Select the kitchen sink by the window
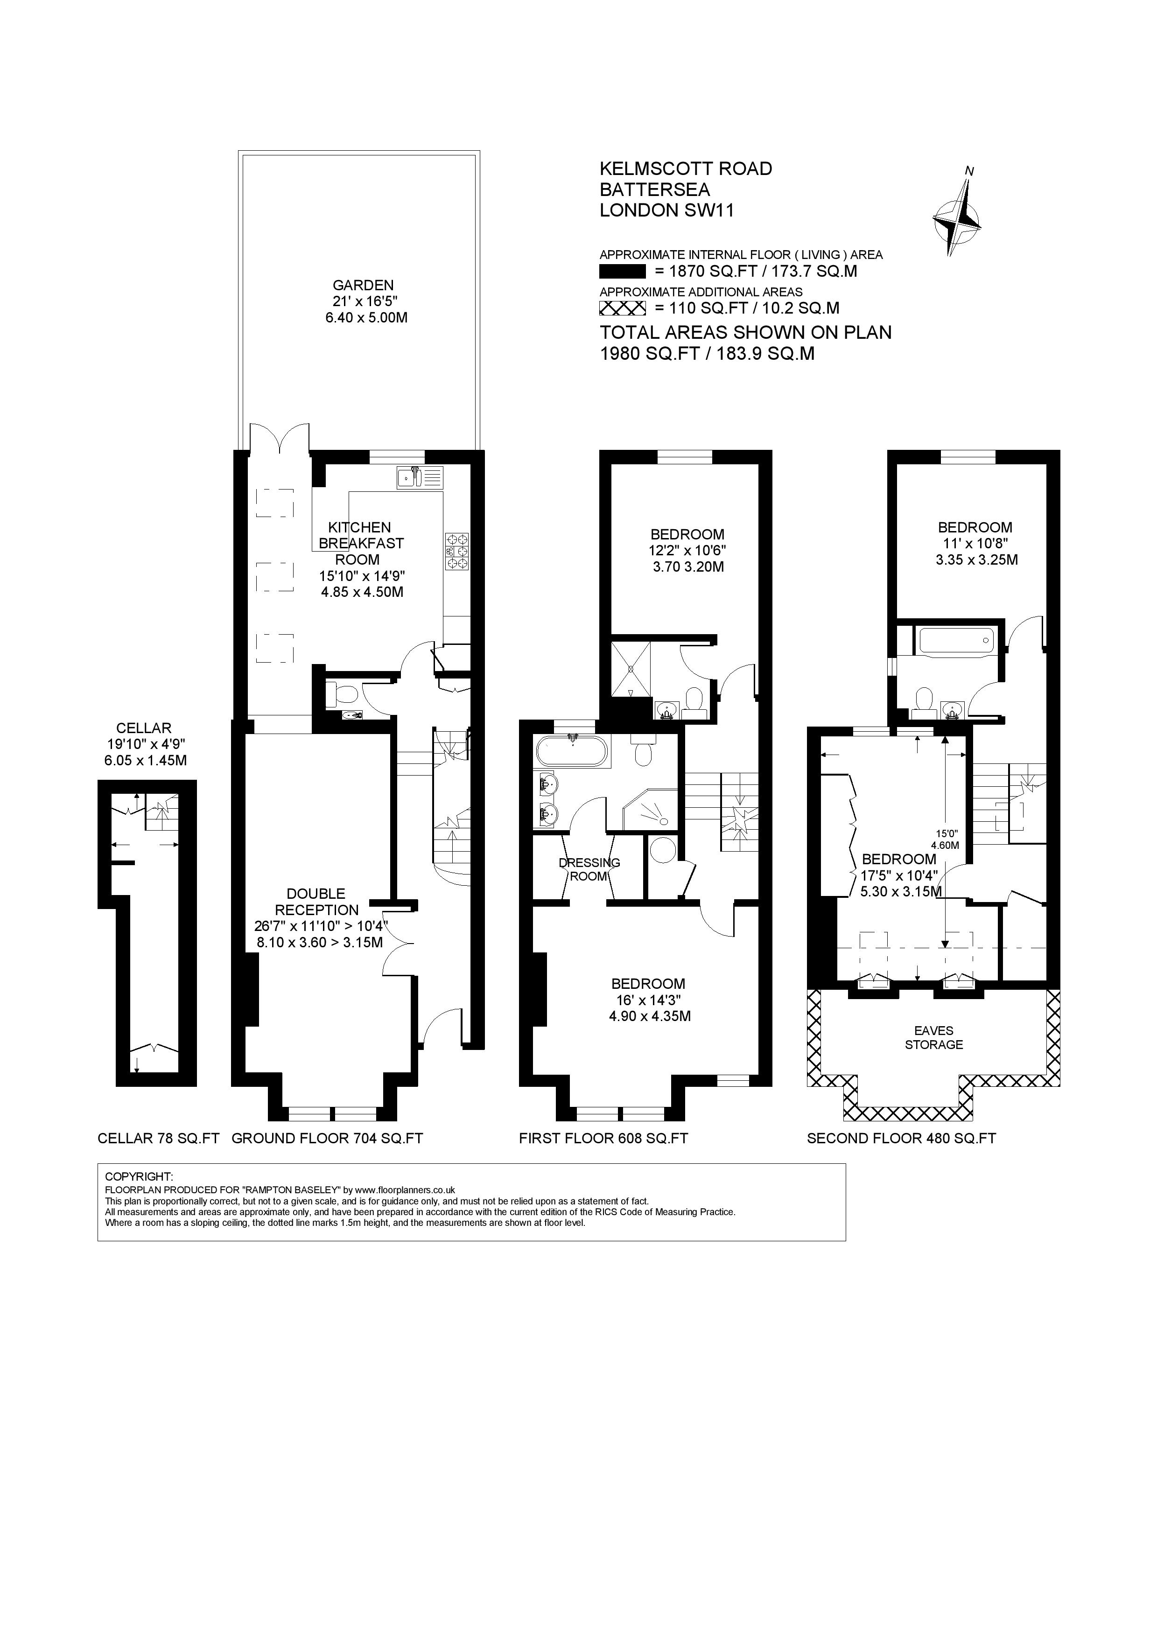click(x=419, y=477)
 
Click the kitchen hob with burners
click(x=456, y=551)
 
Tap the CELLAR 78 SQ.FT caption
click(x=158, y=1139)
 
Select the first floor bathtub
click(x=573, y=752)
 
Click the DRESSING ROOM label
click(x=589, y=869)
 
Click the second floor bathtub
click(x=956, y=640)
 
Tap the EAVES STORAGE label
click(x=934, y=1038)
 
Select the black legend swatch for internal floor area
click(x=622, y=272)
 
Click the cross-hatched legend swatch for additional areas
click(x=622, y=308)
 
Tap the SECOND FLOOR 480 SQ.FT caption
click(x=901, y=1139)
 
